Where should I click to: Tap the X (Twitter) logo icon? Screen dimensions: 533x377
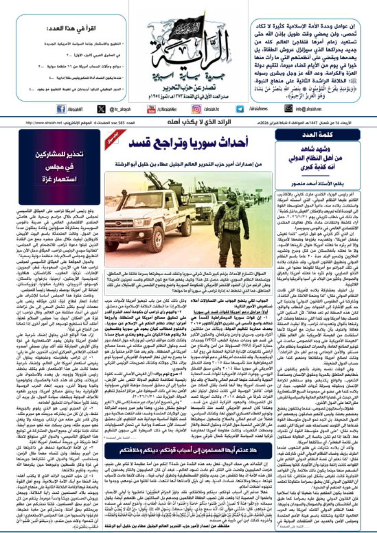tap(101, 109)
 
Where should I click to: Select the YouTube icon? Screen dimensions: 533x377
tap(151, 109)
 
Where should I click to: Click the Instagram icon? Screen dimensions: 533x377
tap(196, 109)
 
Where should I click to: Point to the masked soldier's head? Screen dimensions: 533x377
tap(232, 197)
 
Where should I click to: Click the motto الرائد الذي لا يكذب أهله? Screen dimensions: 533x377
tap(189, 123)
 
